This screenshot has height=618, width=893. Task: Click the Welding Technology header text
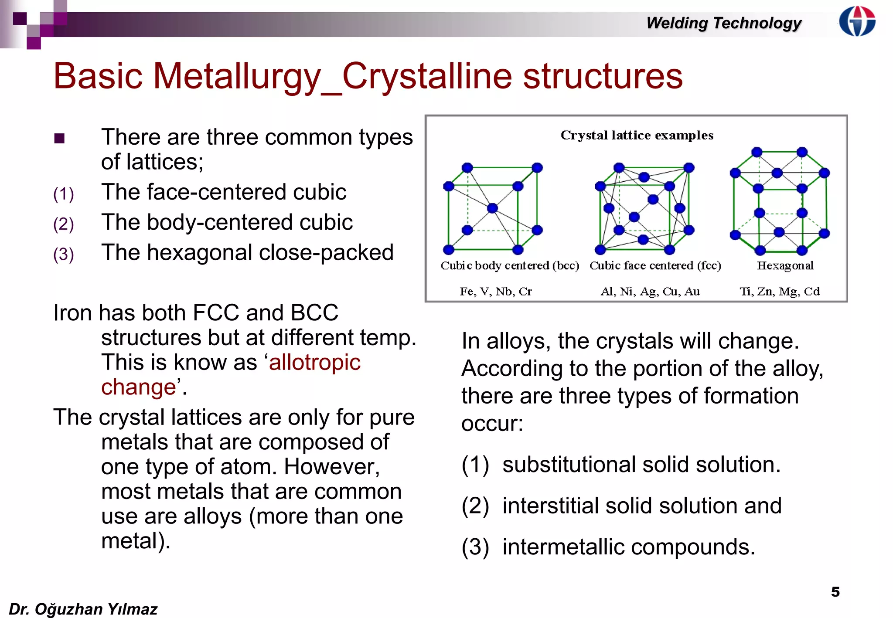723,23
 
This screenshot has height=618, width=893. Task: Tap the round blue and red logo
857,21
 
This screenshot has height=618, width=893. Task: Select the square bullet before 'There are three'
59,139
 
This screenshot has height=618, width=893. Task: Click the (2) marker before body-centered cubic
64,224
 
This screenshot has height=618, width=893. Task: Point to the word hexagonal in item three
200,252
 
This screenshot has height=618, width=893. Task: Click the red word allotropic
315,362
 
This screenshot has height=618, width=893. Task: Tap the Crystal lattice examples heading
637,135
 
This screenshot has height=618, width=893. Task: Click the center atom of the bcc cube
492,208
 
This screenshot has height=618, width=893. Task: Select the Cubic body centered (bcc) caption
510,265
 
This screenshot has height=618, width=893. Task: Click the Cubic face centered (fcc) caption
655,265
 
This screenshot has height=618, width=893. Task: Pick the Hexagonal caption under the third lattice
785,265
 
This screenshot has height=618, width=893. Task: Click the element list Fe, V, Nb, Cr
496,291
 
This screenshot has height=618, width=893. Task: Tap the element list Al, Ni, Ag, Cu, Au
650,291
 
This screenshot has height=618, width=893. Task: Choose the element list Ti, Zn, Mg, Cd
779,291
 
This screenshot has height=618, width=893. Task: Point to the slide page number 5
835,592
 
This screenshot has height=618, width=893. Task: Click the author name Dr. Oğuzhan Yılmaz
83,609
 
